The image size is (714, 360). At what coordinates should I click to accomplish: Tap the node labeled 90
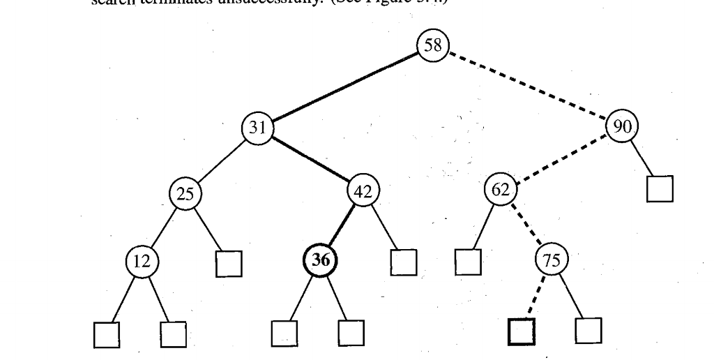[621, 128]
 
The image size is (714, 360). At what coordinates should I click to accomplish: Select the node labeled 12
[142, 262]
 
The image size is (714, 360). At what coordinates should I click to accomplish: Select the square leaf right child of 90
[660, 189]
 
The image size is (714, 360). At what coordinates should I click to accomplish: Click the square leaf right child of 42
[403, 262]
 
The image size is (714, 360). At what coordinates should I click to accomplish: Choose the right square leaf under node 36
[351, 333]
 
